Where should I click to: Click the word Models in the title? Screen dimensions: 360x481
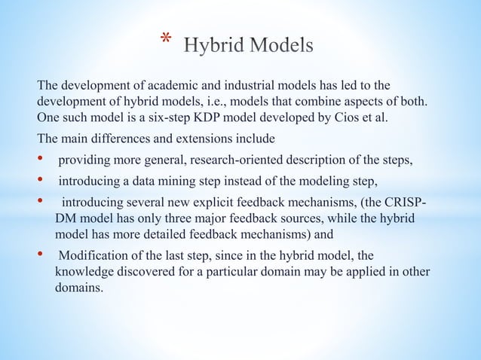(x=280, y=45)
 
